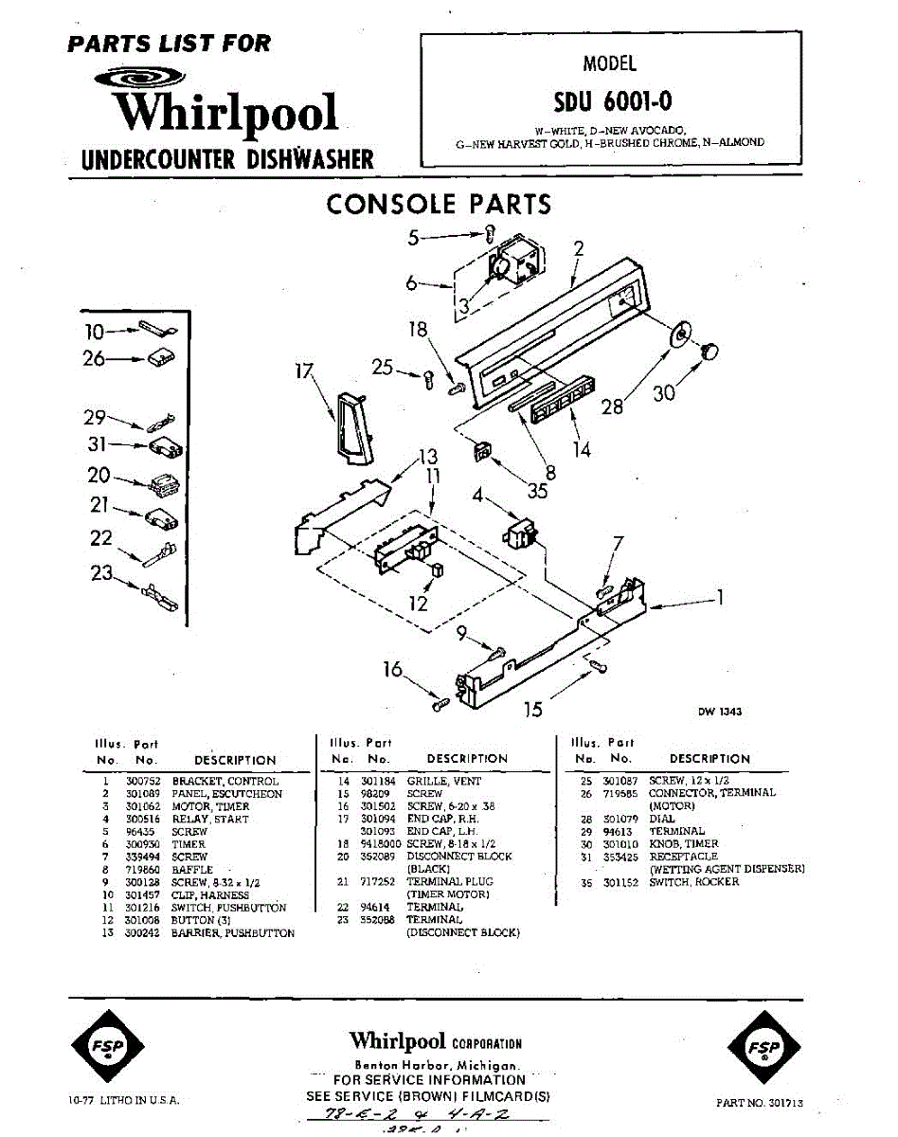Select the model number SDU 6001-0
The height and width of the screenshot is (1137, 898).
[614, 100]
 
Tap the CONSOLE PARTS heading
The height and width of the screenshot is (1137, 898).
[438, 204]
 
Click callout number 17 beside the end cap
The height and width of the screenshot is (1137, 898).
[303, 371]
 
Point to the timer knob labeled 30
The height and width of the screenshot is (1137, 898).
[707, 352]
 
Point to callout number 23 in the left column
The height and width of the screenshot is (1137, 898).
[100, 573]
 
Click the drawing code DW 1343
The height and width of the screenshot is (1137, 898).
[720, 712]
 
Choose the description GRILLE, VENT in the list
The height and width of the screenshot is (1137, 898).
[444, 782]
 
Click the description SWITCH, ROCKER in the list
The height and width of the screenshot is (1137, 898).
[694, 882]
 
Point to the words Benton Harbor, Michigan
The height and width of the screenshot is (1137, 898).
[437, 1065]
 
